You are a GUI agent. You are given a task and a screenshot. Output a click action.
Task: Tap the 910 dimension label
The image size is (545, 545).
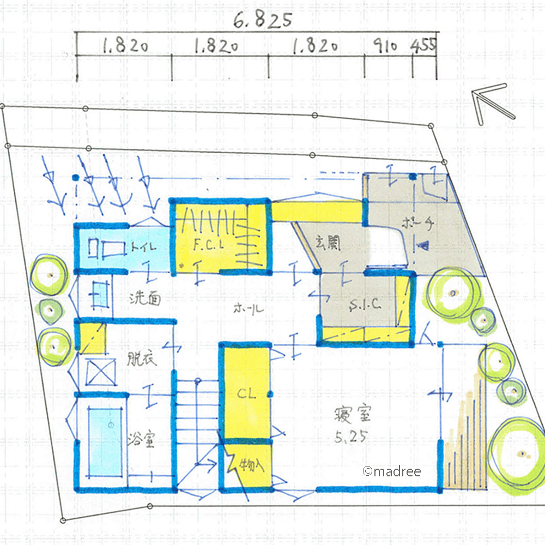pyautogui.click(x=385, y=47)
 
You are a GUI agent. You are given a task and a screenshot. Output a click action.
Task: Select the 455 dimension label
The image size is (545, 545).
pyautogui.click(x=423, y=46)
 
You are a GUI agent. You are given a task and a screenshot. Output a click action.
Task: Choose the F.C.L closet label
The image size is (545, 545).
pyautogui.click(x=209, y=245)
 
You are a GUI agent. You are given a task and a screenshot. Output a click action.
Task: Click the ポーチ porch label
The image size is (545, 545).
pyautogui.click(x=417, y=223)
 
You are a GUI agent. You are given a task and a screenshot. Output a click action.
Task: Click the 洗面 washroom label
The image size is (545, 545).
pyautogui.click(x=145, y=298)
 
